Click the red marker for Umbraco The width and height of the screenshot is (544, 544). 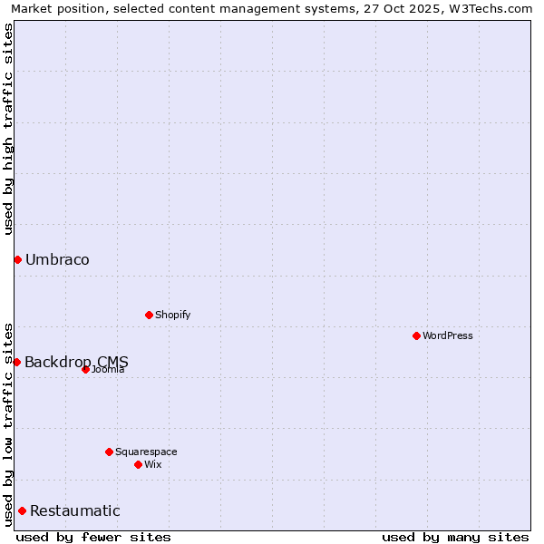17,260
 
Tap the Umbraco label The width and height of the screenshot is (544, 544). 57,260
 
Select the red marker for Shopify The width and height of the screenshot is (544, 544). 149,315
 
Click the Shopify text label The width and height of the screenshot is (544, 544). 172,315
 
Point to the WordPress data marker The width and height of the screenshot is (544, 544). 416,335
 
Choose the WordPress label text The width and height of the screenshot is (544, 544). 447,335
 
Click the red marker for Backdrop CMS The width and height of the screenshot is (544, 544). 16,362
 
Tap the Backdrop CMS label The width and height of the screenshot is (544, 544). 76,362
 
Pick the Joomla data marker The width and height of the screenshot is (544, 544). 85,369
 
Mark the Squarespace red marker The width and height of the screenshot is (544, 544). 109,452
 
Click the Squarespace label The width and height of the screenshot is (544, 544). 146,452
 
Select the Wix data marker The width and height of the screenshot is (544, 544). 138,464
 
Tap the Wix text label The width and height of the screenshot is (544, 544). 152,464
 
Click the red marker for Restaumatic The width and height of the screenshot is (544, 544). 22,510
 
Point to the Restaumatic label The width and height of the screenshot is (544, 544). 74,510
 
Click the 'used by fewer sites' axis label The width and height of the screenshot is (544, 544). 93,537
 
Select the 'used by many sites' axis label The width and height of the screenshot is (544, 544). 455,537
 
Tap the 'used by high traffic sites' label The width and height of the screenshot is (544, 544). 9,129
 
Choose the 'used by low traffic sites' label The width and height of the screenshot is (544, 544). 9,423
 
